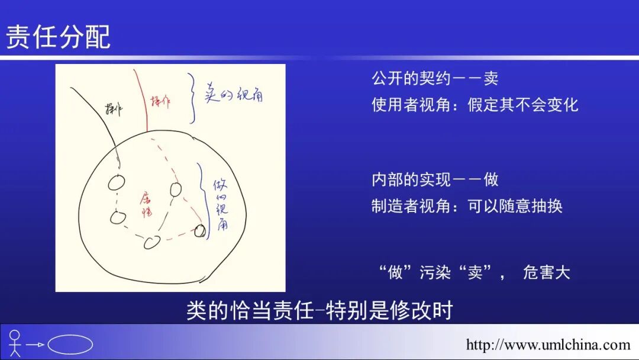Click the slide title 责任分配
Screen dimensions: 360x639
click(58, 37)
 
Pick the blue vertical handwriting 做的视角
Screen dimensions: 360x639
click(221, 204)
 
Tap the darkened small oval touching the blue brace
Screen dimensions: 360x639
click(201, 230)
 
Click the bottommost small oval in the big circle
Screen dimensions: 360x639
click(153, 242)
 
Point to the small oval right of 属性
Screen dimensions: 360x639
click(175, 189)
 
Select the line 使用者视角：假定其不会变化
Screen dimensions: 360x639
click(475, 105)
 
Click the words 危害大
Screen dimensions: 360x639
click(546, 273)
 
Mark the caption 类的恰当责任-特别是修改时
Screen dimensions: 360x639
click(319, 310)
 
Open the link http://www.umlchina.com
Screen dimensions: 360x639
click(548, 345)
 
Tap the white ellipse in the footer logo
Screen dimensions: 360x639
click(70, 344)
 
